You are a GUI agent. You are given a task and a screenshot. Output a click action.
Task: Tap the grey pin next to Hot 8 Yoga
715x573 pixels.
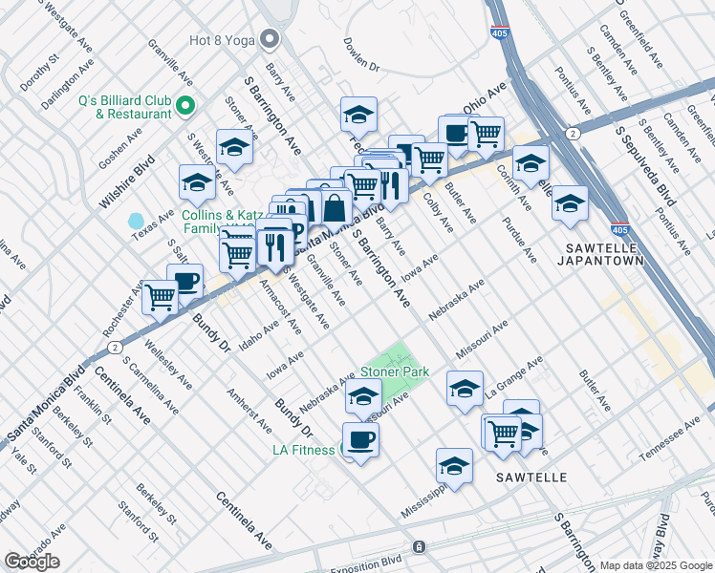pos(270,39)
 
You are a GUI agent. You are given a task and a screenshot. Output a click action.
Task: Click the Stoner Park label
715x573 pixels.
pos(395,371)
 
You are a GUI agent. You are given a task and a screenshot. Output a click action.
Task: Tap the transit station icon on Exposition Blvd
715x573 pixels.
pos(418,547)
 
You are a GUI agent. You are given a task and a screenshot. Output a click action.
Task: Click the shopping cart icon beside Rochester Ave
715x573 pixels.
pos(160,297)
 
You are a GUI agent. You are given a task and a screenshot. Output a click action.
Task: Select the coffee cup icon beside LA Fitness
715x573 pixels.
pos(360,439)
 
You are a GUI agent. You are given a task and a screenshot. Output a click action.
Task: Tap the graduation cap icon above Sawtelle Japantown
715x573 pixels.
pos(570,203)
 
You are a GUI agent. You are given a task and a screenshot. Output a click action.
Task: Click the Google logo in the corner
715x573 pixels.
pos(32,561)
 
